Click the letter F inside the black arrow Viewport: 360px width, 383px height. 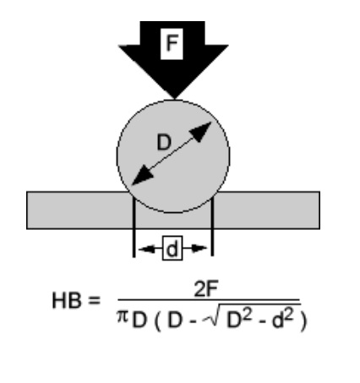tap(172, 43)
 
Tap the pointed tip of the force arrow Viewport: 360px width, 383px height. tap(174, 99)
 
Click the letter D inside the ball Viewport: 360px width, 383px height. tap(164, 142)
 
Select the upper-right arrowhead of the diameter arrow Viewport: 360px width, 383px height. tap(201, 132)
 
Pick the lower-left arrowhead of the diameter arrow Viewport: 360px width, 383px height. tap(142, 176)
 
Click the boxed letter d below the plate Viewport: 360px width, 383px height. tap(172, 249)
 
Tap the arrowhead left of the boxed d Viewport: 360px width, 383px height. tap(147, 249)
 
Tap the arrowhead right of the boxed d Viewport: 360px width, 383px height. tap(199, 249)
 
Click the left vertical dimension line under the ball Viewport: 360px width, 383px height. tap(134, 227)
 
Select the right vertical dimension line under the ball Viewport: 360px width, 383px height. tap(212, 227)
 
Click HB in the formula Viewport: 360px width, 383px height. tap(67, 300)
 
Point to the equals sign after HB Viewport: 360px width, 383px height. tap(94, 300)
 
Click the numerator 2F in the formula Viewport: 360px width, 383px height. tap(206, 288)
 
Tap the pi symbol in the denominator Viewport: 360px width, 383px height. tap(123, 317)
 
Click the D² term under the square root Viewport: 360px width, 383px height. tap(238, 319)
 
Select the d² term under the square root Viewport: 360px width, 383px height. tap(283, 319)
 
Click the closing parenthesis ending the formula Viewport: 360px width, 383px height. tap(303, 322)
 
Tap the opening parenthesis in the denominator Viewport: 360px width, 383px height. tap(157, 322)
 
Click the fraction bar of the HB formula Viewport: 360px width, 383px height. tap(209, 300)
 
